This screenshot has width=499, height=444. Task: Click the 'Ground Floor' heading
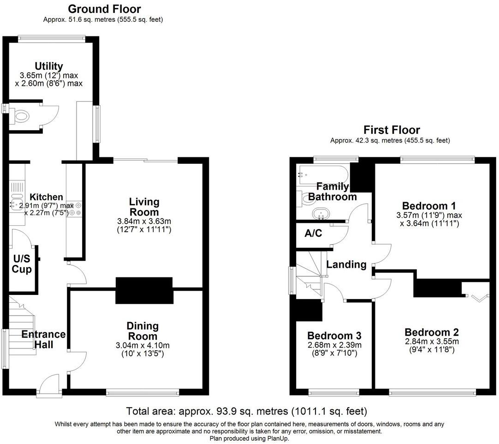tap(104, 9)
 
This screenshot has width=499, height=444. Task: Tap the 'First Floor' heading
tap(392, 130)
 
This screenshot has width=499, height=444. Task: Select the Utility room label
tap(48, 66)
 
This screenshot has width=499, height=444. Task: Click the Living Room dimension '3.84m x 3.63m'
tap(144, 222)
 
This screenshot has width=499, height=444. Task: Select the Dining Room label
tap(143, 331)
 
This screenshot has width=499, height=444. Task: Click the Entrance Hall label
tap(43, 339)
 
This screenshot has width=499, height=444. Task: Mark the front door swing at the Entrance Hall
tap(50, 384)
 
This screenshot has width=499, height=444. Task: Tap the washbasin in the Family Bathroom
tap(321, 214)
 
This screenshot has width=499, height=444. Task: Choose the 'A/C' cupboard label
tap(313, 234)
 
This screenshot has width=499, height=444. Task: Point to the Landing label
tap(346, 264)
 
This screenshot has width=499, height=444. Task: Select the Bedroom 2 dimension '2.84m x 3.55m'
tap(431, 342)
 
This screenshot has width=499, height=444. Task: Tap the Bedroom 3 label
tap(334, 336)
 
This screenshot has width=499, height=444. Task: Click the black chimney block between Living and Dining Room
tap(143, 290)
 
